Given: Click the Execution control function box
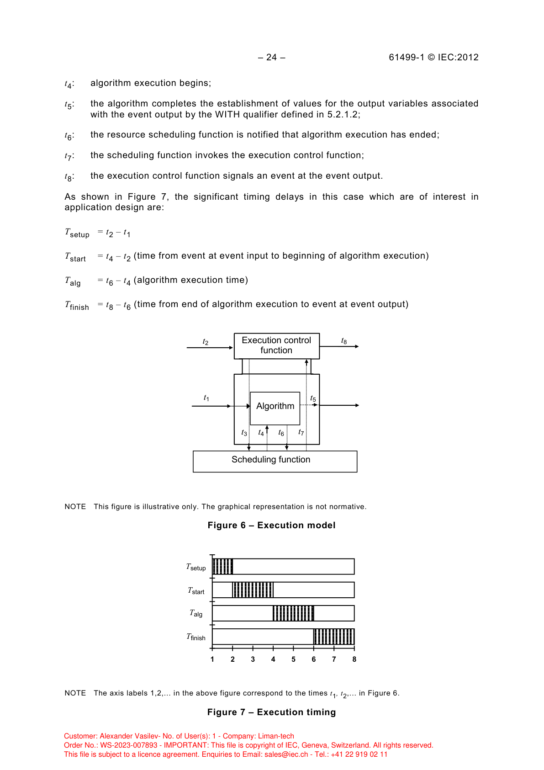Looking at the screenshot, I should coord(276,345).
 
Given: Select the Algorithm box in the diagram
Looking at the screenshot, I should coord(275,406).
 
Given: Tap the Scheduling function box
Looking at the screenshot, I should coord(275,461).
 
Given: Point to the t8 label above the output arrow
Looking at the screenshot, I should coord(344,341).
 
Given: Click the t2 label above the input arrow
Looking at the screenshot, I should coord(206,342).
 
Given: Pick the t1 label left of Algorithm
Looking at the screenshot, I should coord(206,398).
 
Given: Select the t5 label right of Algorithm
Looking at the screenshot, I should coord(313,398).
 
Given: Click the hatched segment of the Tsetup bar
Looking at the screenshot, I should coord(223,567).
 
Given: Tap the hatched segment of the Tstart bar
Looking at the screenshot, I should coord(253,590).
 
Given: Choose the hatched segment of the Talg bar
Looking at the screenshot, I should coord(293,613).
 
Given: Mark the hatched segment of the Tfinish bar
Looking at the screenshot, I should coord(334,637).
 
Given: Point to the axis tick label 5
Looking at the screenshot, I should coord(293,659).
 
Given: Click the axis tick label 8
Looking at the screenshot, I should coord(354,659).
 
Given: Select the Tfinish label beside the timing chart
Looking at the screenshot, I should coord(196,637).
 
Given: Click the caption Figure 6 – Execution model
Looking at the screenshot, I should coord(271,526).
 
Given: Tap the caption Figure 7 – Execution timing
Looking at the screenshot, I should coord(271,712).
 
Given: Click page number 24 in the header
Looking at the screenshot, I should coord(272,57).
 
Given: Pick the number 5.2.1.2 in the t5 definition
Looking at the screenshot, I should coord(342,115).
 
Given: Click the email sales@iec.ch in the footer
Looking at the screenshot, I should coord(286,754).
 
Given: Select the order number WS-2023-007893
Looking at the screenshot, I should coord(129,745).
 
